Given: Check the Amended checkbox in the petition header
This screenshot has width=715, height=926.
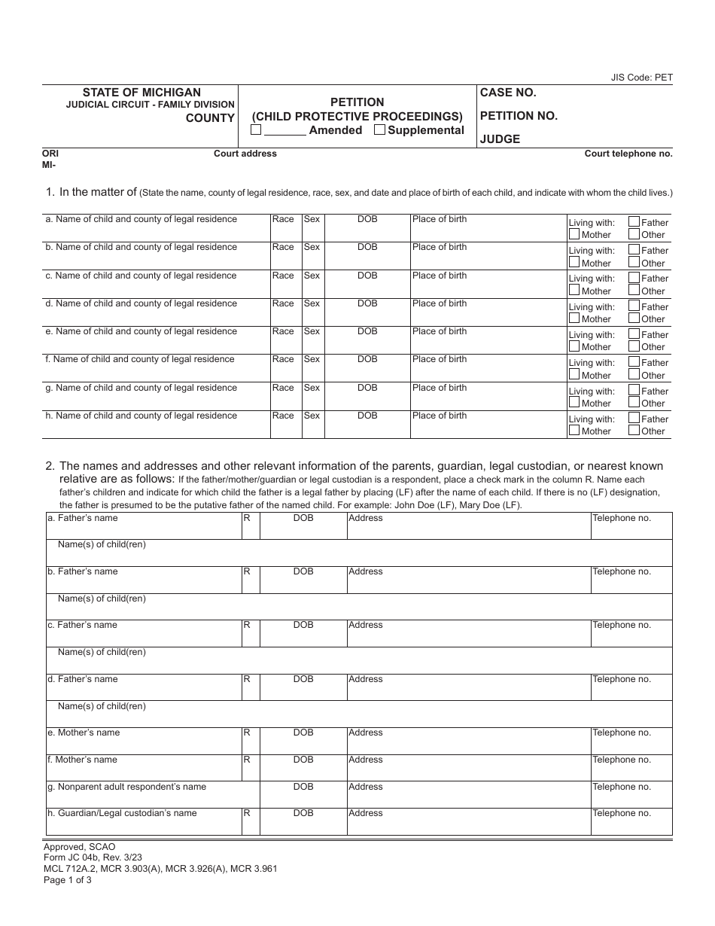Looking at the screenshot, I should point(256,129).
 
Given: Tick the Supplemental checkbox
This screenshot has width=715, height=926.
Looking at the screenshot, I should point(380,129).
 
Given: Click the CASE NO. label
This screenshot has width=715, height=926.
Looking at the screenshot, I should point(508,93).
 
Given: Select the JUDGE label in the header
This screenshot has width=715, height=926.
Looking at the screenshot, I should point(500,139).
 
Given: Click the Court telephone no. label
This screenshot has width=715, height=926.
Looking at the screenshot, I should point(628,154).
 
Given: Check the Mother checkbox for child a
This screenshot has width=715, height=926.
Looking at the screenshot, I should point(574,234).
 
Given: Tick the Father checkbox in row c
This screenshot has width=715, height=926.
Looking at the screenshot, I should point(634,278).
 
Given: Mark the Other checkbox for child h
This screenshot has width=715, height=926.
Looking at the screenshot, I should point(634,431).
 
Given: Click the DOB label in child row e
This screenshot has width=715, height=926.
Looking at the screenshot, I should point(367,331).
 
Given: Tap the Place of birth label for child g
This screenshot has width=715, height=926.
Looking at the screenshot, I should point(440,388).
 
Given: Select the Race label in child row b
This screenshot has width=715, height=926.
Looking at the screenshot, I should point(283,247).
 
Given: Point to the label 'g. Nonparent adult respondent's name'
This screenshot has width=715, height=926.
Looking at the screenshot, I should point(126,787).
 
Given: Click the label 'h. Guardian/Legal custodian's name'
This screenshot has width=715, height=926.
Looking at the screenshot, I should point(122,813).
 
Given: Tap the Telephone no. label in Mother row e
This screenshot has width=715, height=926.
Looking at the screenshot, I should point(621,733).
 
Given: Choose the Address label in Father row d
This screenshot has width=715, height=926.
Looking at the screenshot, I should point(366,679).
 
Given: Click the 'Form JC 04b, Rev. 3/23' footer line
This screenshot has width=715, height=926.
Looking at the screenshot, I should point(93,857).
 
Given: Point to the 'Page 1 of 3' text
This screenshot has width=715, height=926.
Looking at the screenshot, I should point(68,879).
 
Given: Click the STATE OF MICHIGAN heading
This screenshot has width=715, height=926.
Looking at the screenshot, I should point(141,93).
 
